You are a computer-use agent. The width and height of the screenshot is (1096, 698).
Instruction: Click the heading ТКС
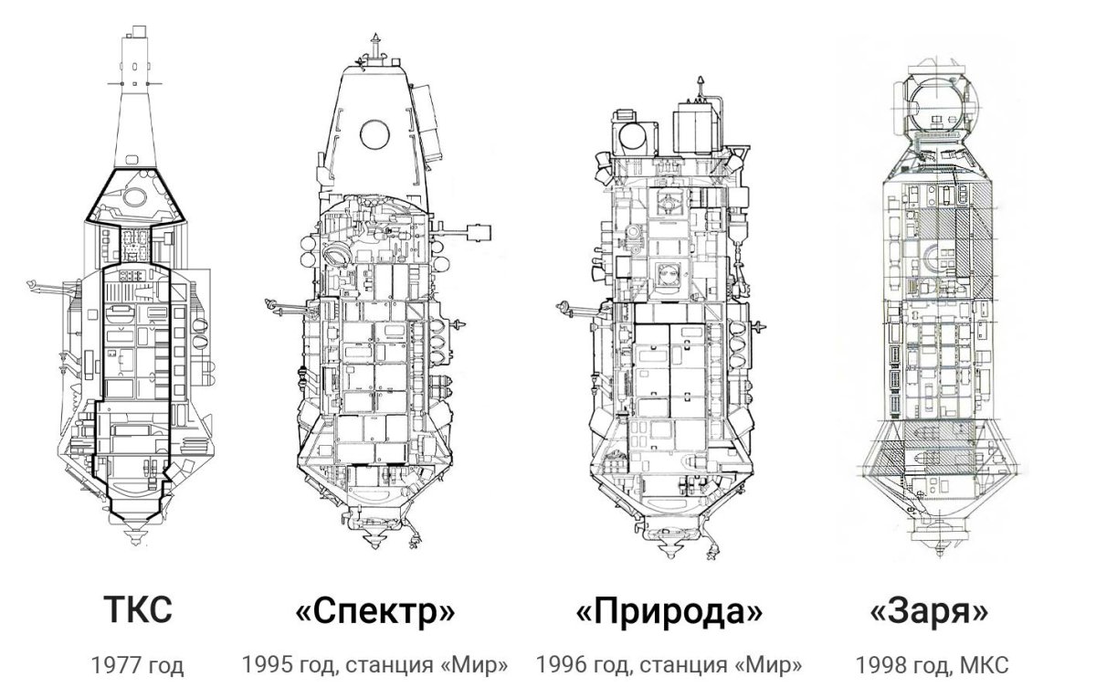[137, 611]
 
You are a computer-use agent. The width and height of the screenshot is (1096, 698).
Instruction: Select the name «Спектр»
[374, 611]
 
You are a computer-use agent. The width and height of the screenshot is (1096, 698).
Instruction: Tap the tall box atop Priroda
[696, 129]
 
